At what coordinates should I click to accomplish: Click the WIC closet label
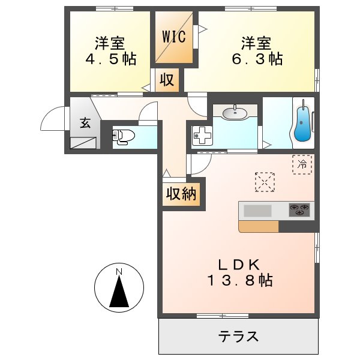(x=174, y=35)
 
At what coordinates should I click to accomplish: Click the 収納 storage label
(x=182, y=194)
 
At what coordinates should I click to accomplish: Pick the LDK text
(x=238, y=264)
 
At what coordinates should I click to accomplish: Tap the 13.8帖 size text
(x=239, y=280)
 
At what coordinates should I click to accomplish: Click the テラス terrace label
(x=238, y=336)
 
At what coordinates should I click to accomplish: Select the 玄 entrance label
(x=85, y=124)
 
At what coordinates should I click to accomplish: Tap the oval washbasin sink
(x=235, y=112)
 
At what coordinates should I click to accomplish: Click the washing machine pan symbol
(x=202, y=136)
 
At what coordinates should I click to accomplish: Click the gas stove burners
(x=301, y=210)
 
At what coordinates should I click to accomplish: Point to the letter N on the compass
(x=119, y=272)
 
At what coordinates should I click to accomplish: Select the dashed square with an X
(x=265, y=182)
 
